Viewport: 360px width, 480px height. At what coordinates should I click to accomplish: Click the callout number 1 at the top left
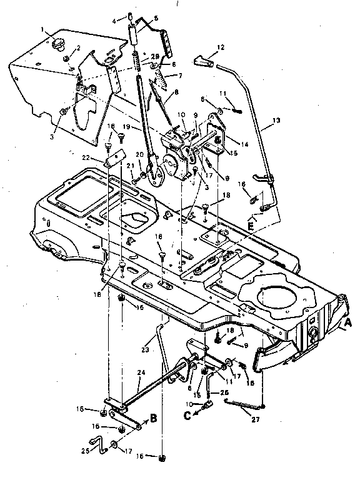coord(42,29)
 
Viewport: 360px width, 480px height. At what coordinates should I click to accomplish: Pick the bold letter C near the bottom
coord(187,413)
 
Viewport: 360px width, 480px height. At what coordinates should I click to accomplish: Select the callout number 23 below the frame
coord(146,341)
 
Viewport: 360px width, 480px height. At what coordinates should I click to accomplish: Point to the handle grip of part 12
coord(205,62)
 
